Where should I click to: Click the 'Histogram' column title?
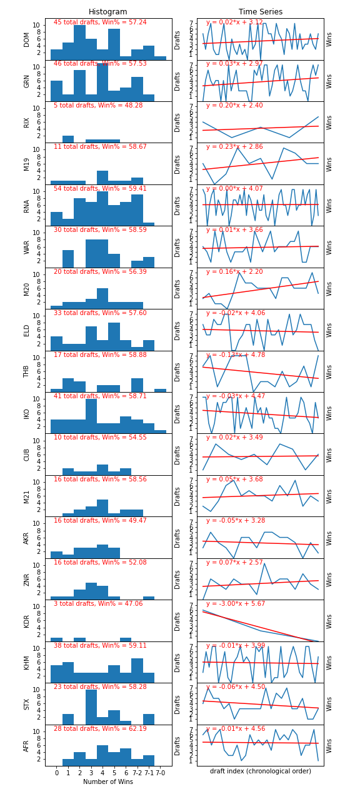[107, 12]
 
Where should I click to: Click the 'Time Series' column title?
[260, 12]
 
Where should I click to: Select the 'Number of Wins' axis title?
[107, 781]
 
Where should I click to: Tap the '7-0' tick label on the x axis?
[160, 773]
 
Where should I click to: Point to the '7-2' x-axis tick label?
[137, 773]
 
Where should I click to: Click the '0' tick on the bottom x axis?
[56, 773]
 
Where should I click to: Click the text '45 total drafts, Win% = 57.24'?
[100, 23]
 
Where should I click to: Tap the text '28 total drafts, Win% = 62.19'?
[100, 729]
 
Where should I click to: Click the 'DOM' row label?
[27, 39]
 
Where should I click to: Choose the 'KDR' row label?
[27, 621]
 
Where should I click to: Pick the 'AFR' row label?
[27, 745]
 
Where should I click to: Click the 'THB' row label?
[27, 371]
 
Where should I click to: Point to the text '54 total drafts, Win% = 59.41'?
[100, 189]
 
